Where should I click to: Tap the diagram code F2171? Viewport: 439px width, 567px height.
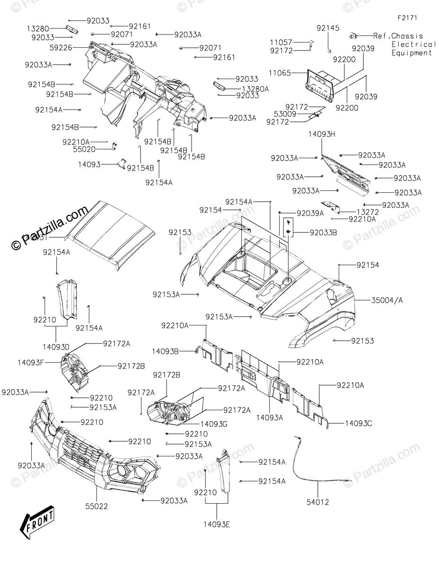point(408,18)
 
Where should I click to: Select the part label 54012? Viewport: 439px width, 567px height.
point(317,502)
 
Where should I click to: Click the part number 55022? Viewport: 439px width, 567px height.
point(97,506)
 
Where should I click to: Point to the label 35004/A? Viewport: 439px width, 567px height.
point(388,300)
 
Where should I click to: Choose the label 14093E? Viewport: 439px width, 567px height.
point(217,523)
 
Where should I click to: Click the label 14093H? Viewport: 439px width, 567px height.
point(321,134)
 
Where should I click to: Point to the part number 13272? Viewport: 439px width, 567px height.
point(368,212)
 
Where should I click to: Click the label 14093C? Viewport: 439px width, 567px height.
point(358,423)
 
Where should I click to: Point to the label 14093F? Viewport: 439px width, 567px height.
point(32,362)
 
